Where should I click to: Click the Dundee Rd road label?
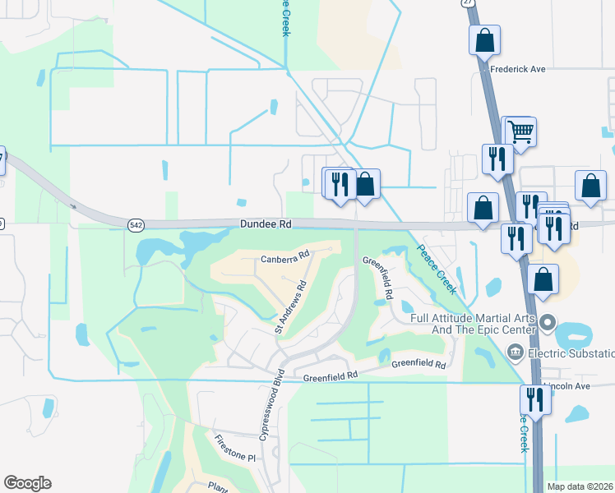tap(266, 223)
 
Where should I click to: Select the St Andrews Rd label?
tap(291, 306)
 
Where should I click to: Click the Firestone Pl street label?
tap(236, 449)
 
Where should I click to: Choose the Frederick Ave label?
tap(518, 69)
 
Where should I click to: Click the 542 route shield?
tap(136, 224)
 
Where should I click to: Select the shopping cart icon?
tap(520, 130)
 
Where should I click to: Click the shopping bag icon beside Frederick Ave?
tap(485, 39)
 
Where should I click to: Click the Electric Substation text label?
tap(571, 353)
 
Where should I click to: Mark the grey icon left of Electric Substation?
tap(516, 352)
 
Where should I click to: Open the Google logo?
tap(27, 483)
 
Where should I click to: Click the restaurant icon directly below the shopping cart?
tap(497, 157)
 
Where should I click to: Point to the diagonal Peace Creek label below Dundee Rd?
tap(435, 270)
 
